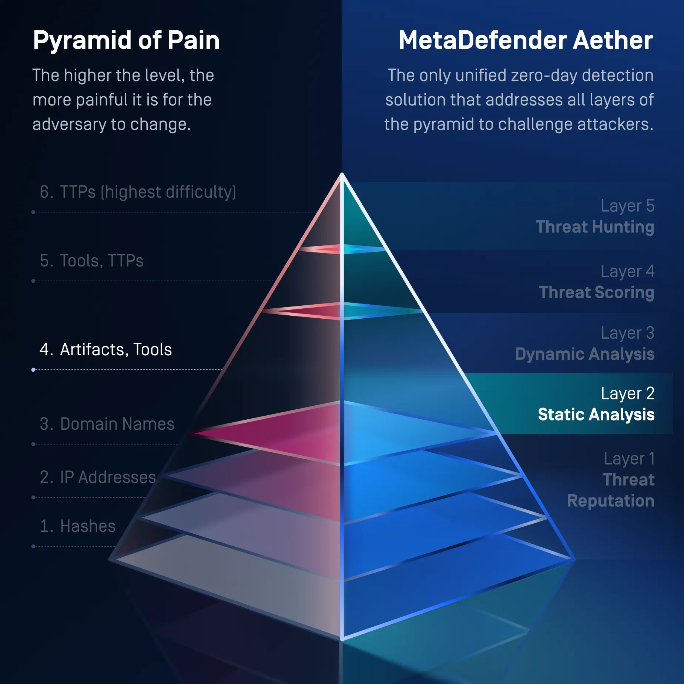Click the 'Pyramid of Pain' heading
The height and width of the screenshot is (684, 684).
pyautogui.click(x=126, y=41)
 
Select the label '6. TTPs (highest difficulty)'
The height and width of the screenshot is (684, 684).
pyautogui.click(x=138, y=192)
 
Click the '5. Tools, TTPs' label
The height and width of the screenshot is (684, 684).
pyautogui.click(x=91, y=261)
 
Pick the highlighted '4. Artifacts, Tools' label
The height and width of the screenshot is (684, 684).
pyautogui.click(x=106, y=349)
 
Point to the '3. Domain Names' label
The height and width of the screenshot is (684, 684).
pyautogui.click(x=107, y=424)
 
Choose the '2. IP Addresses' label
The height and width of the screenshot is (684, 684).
pyautogui.click(x=98, y=477)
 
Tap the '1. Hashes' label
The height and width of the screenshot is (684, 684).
pyautogui.click(x=78, y=526)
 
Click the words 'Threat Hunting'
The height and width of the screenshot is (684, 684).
pyautogui.click(x=595, y=227)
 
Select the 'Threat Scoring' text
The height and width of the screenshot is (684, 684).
pyautogui.click(x=597, y=292)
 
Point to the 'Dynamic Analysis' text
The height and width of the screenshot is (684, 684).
pyautogui.click(x=585, y=354)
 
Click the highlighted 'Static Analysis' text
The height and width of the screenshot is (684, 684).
pyautogui.click(x=596, y=415)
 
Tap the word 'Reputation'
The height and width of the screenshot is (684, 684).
pyautogui.click(x=611, y=501)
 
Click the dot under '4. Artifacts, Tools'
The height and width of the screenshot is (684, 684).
pyautogui.click(x=33, y=370)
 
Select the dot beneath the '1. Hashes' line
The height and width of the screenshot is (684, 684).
pyautogui.click(x=33, y=546)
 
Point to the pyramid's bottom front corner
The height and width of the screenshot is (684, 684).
pyautogui.click(x=342, y=639)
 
